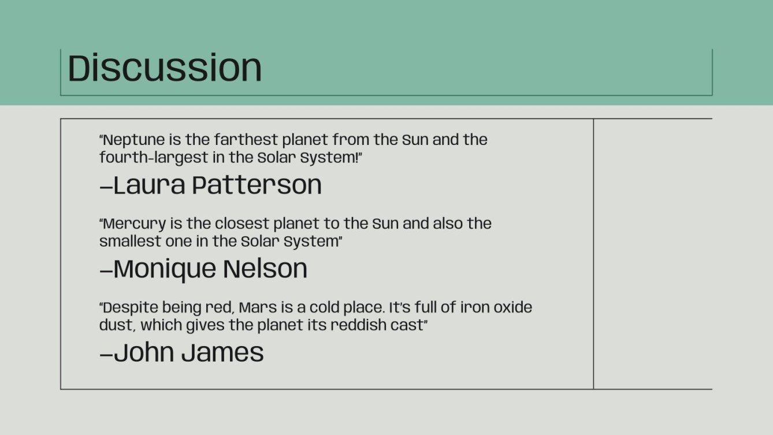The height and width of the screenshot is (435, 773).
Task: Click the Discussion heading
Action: point(165,68)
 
